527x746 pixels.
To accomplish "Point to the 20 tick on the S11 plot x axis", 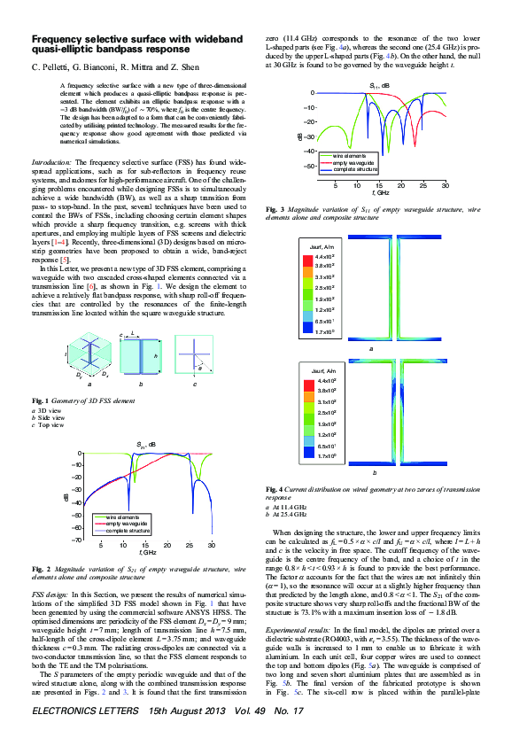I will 401,187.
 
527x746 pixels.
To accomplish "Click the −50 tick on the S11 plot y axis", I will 309,167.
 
